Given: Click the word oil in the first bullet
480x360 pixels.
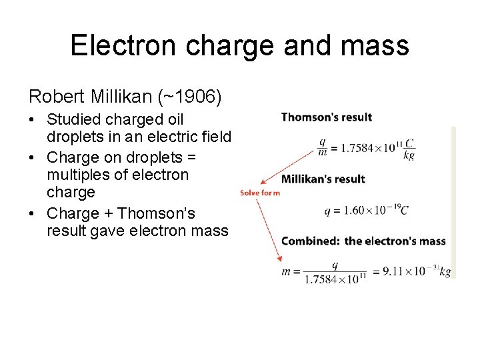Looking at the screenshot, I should click(173, 120).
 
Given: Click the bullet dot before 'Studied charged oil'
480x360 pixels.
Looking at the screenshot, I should click(33, 121).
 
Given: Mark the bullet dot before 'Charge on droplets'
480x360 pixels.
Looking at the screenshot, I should click(33, 158).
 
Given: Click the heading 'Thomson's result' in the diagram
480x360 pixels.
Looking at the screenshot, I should click(327, 117).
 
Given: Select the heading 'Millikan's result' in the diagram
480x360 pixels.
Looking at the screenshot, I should click(323, 179).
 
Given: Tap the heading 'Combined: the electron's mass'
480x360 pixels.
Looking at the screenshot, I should click(363, 241).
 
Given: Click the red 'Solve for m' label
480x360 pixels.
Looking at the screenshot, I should click(260, 193).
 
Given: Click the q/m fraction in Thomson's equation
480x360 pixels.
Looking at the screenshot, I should click(322, 147).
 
